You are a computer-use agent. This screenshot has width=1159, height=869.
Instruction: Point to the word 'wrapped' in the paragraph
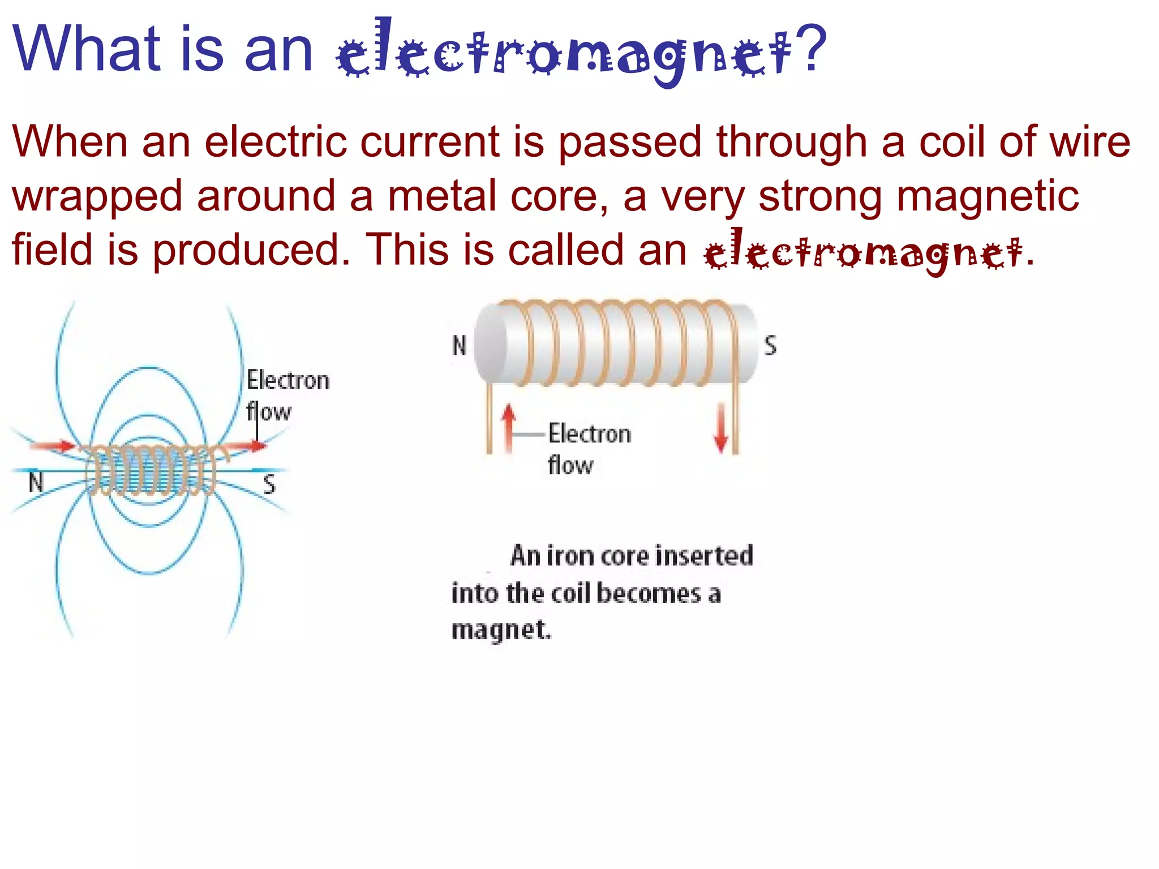[97, 196]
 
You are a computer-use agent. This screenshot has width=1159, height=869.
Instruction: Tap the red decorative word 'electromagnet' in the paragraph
[863, 252]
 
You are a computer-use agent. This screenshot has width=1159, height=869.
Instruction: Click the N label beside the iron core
[459, 346]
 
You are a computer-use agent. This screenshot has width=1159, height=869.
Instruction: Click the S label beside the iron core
[770, 345]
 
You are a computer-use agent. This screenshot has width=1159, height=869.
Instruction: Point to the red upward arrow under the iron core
[509, 427]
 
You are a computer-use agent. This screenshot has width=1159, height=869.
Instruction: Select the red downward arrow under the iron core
[721, 427]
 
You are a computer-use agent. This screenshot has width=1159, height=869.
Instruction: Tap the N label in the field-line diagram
[36, 483]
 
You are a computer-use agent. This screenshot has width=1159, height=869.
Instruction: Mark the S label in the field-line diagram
[269, 485]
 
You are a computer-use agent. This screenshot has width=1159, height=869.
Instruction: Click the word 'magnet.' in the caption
[501, 630]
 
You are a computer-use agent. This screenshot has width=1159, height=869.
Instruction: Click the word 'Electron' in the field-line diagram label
[288, 380]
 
